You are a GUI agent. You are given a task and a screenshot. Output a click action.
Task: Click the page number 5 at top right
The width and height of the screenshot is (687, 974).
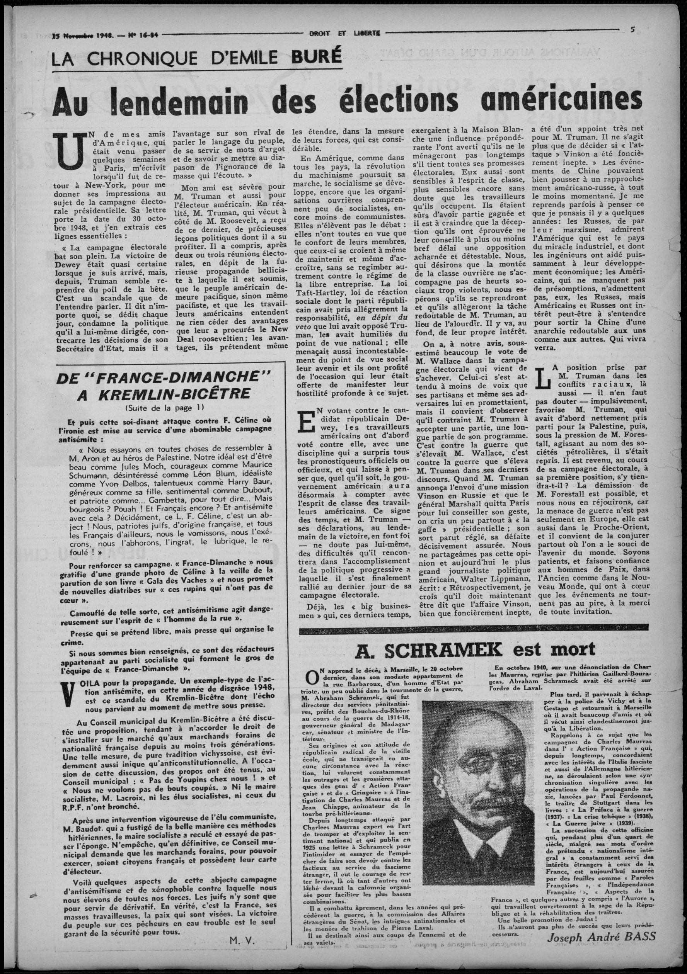632,30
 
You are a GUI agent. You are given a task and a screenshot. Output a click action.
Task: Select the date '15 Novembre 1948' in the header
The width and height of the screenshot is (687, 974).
83,36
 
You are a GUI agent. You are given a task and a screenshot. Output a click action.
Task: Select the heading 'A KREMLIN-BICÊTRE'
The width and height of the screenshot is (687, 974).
164,394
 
